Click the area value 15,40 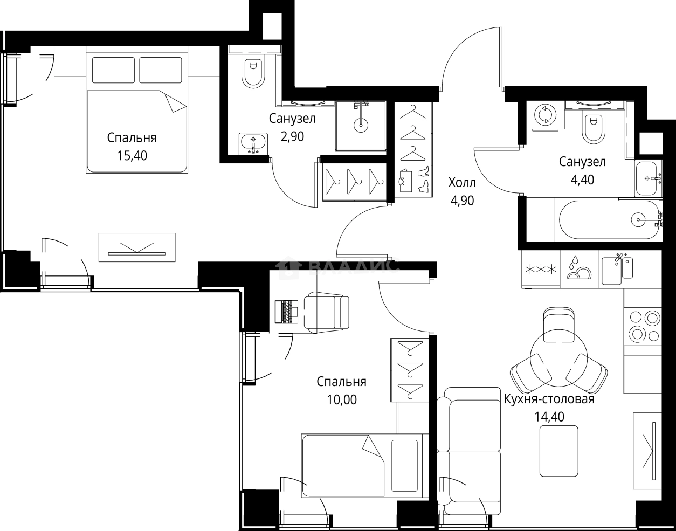(x=132, y=156)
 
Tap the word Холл (x=462, y=183)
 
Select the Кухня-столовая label (x=549, y=399)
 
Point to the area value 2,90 (x=292, y=136)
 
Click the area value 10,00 (x=342, y=399)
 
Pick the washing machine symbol (x=545, y=115)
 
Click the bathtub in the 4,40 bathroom (x=609, y=220)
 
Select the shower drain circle (x=361, y=126)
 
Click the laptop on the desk (x=286, y=312)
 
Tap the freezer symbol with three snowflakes (x=541, y=270)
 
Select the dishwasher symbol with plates (x=579, y=270)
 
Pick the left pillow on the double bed (x=114, y=70)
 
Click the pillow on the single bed (x=404, y=465)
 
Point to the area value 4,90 (x=463, y=201)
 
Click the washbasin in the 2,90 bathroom (x=253, y=143)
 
